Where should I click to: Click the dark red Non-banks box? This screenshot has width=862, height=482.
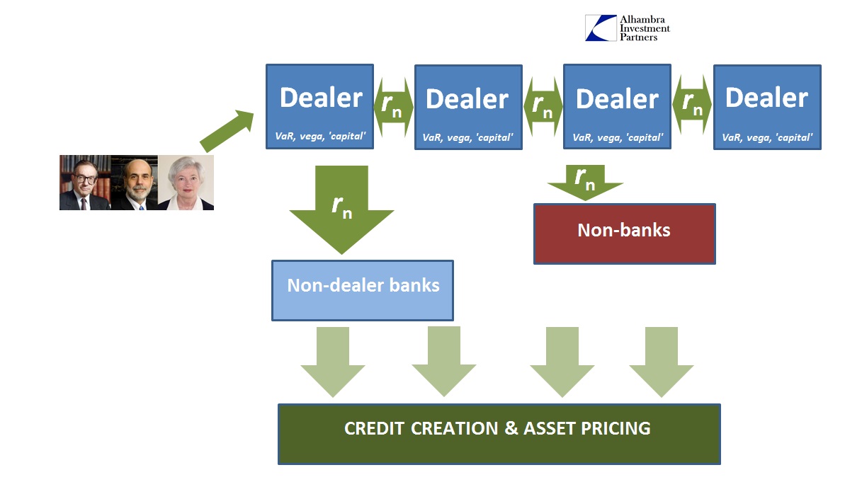click(x=624, y=234)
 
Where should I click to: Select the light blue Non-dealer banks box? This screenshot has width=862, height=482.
click(x=363, y=290)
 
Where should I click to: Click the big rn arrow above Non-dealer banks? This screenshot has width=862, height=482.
click(x=341, y=210)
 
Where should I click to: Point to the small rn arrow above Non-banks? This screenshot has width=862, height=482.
click(x=585, y=183)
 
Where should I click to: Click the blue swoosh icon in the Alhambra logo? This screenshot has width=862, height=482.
click(x=601, y=28)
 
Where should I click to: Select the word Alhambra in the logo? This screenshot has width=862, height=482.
click(x=642, y=20)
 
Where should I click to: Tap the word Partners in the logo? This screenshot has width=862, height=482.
click(x=638, y=38)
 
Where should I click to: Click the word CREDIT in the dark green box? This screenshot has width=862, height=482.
click(x=374, y=428)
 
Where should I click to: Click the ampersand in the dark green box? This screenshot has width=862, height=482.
click(x=511, y=428)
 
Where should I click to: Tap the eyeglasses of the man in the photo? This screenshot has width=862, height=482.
click(x=86, y=179)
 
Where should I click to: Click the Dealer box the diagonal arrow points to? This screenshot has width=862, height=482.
click(x=319, y=107)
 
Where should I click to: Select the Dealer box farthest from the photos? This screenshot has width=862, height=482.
click(x=767, y=108)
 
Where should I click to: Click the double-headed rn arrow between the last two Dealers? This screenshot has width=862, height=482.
click(x=692, y=105)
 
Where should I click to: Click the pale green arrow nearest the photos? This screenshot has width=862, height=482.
click(x=333, y=362)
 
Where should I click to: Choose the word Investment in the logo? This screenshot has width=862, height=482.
click(x=645, y=28)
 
